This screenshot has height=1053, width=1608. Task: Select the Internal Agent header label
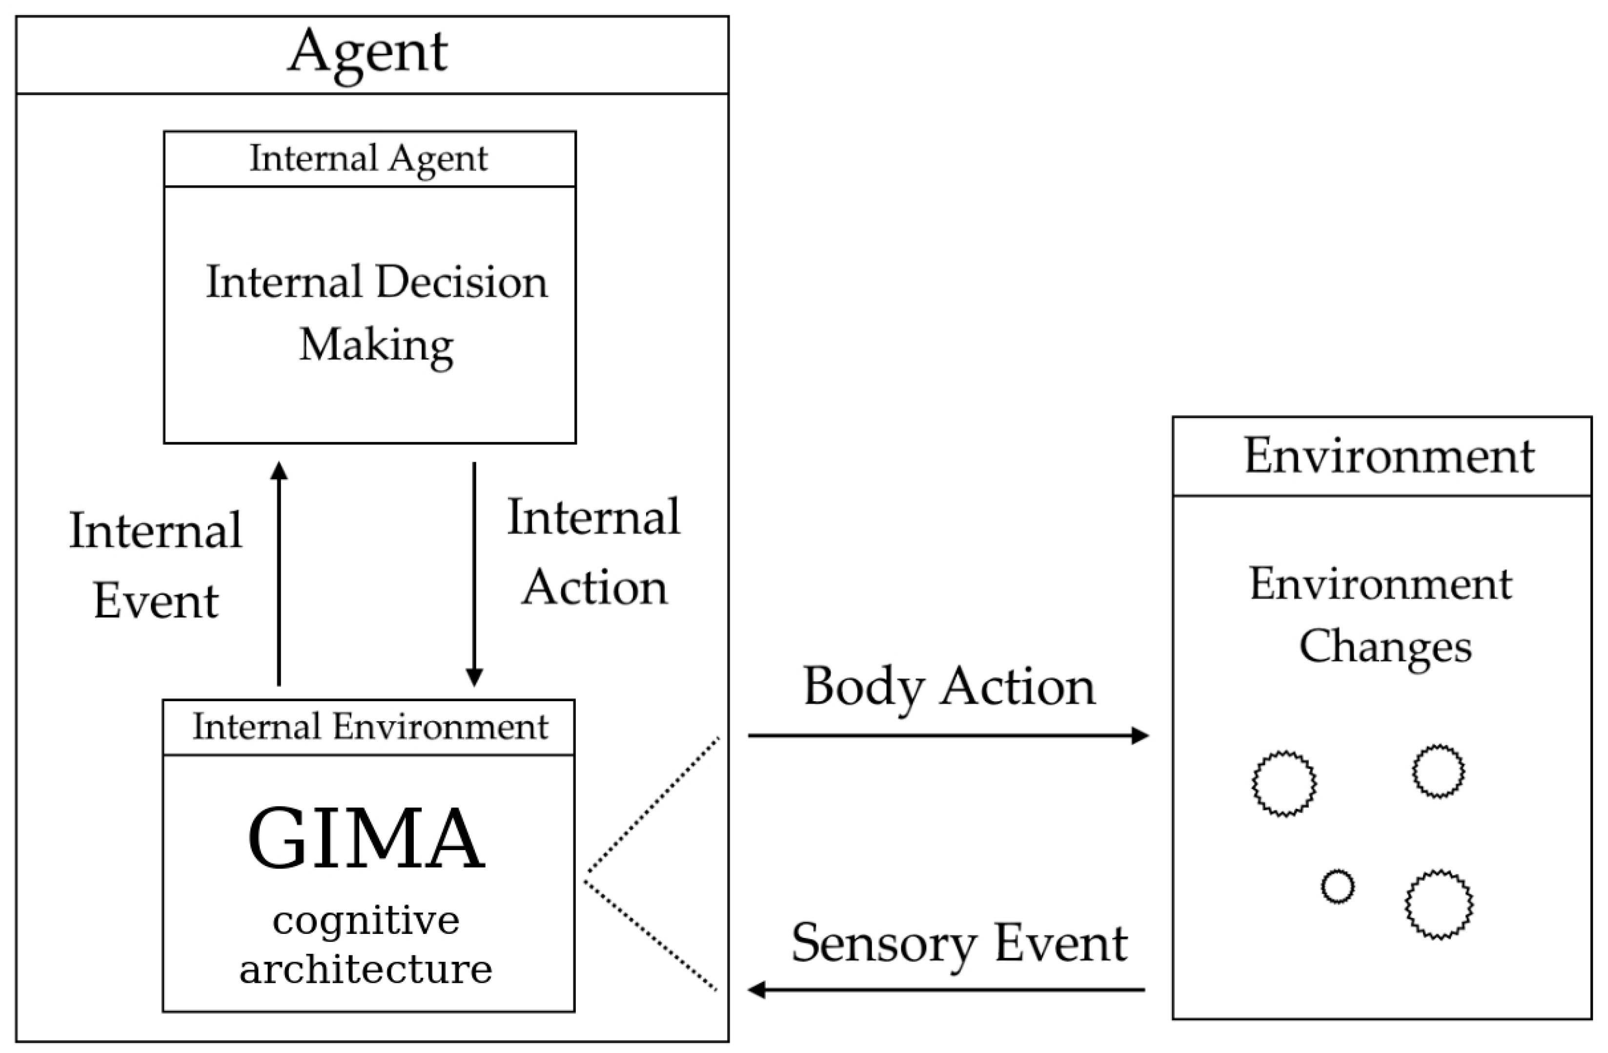click(368, 159)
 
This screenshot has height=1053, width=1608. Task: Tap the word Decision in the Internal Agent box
click(462, 283)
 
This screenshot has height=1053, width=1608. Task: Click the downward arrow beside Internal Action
click(474, 574)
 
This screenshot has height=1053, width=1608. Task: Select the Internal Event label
click(155, 566)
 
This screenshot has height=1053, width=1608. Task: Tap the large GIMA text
click(366, 840)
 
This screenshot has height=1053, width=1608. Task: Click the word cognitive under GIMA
click(366, 921)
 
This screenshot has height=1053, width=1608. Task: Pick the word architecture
click(366, 969)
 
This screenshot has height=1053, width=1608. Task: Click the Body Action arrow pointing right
click(946, 735)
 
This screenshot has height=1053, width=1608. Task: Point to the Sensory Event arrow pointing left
click(946, 990)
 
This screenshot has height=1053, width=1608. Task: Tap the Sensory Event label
click(959, 944)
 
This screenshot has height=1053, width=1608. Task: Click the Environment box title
click(1388, 457)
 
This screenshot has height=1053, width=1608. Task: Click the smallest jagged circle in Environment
click(1338, 887)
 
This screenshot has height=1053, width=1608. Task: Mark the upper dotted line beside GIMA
click(652, 804)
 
